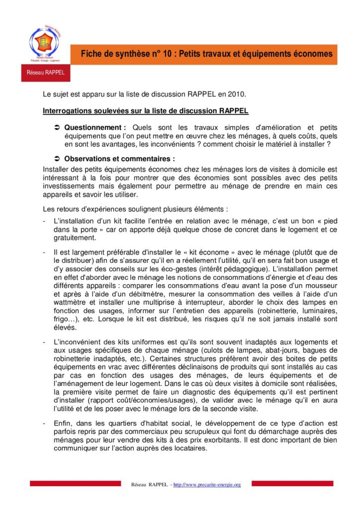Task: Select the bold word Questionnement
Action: click(93, 128)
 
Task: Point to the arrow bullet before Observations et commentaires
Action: click(57, 159)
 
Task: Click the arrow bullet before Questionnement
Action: click(57, 128)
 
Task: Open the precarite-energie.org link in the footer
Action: click(207, 485)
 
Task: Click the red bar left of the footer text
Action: click(75, 483)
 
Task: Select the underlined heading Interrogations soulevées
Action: click(146, 110)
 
